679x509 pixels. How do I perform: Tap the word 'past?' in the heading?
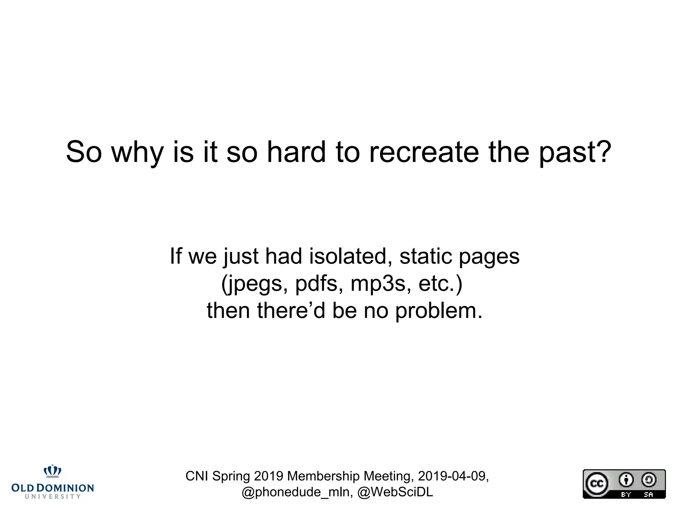click(x=575, y=153)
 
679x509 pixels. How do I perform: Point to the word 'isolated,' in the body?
click(x=348, y=256)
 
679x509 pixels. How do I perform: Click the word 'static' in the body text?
click(x=426, y=256)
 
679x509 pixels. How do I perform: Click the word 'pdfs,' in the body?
click(x=319, y=284)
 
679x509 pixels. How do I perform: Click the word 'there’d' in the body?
click(x=291, y=311)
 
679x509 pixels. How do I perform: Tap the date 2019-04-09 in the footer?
click(x=453, y=476)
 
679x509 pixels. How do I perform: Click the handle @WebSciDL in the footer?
click(x=395, y=492)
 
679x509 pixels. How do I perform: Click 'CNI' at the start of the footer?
click(x=197, y=476)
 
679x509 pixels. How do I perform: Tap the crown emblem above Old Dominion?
click(x=53, y=471)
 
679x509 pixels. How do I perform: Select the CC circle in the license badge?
click(x=597, y=483)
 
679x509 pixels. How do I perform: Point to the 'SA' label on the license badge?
click(x=648, y=495)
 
